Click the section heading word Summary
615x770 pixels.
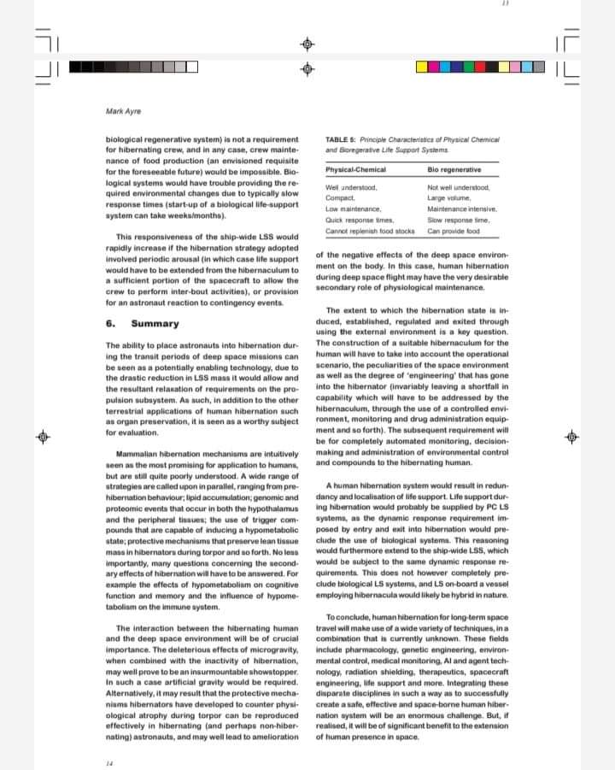[x=155, y=324]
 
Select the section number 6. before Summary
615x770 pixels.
[x=110, y=324]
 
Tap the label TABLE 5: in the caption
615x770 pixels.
[x=342, y=138]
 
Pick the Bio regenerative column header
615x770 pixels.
[x=454, y=170]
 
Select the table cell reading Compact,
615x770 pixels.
[x=340, y=197]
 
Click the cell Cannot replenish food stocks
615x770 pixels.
[x=370, y=231]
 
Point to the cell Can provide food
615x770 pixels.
[x=454, y=231]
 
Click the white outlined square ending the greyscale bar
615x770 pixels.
[x=192, y=66]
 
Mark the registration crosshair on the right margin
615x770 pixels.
[x=572, y=437]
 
